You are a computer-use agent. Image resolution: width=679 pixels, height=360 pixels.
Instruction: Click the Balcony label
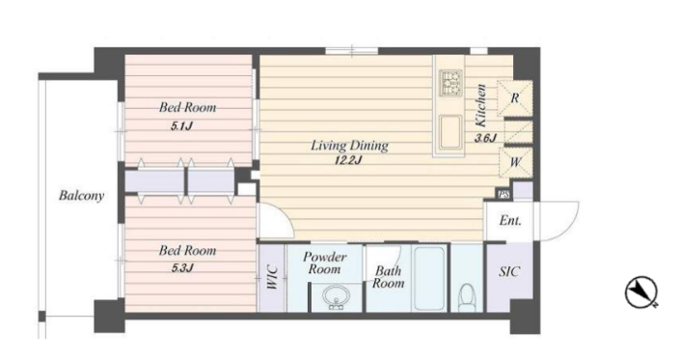(81, 196)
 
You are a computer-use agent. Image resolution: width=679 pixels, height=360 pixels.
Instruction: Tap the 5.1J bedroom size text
(181, 126)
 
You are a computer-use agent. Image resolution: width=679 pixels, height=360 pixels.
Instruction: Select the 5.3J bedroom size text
(182, 267)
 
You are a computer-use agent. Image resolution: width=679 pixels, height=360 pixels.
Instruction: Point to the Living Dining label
(349, 146)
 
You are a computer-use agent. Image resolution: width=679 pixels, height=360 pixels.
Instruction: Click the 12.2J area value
(348, 160)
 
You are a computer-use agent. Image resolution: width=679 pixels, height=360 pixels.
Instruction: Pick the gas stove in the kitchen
(450, 83)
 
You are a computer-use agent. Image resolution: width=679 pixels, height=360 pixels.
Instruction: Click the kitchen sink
(449, 131)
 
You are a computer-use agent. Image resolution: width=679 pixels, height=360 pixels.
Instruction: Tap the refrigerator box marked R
(514, 98)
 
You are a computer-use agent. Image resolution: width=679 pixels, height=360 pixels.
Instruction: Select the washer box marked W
(515, 162)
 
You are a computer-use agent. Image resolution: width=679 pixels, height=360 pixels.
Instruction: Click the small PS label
(503, 195)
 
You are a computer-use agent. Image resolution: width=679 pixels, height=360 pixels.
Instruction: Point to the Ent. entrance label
(510, 220)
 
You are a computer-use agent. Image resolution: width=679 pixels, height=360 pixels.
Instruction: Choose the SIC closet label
(509, 271)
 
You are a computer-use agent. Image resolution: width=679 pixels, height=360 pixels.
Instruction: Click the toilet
(467, 296)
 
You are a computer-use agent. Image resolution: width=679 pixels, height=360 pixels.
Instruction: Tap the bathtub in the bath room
(429, 278)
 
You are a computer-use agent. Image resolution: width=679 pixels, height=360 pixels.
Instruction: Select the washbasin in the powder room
(335, 297)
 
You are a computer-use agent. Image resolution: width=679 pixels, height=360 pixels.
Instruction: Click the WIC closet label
(272, 277)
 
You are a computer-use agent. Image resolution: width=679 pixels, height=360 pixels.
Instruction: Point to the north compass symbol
(641, 292)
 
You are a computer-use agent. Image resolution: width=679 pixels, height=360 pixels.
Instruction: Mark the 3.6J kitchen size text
(485, 139)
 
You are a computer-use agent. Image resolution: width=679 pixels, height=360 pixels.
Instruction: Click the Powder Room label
(324, 263)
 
